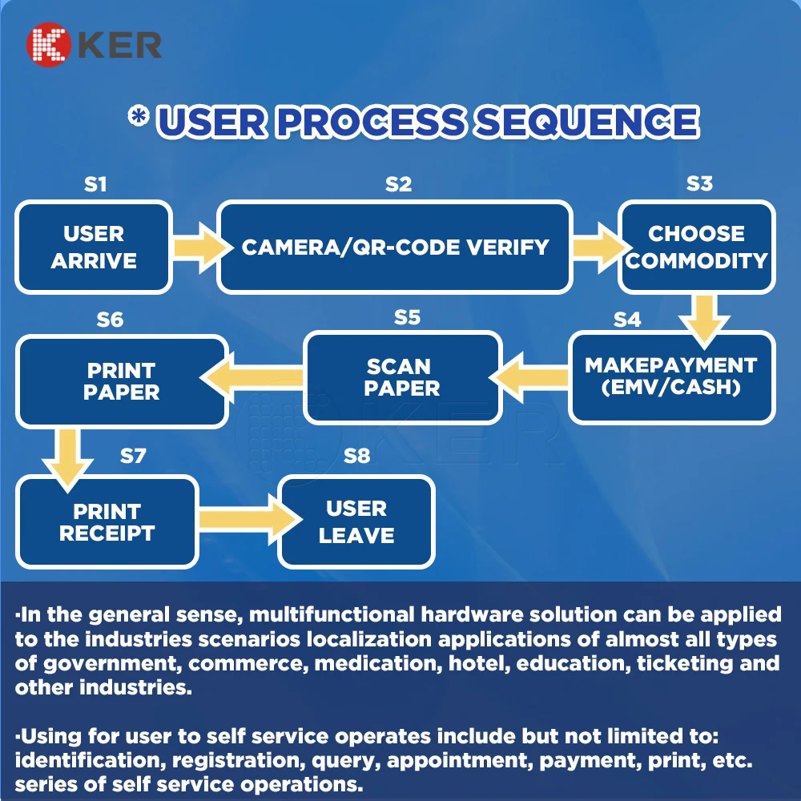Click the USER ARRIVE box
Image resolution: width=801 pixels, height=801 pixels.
point(94,247)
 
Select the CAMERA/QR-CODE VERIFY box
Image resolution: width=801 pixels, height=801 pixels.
point(395,247)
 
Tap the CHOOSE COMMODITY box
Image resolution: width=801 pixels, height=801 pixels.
point(696,247)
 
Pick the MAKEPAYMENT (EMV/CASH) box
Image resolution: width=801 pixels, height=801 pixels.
point(671,376)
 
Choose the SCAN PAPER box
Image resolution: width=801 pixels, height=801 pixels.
point(403,377)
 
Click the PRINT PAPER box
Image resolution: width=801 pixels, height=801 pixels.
point(122,381)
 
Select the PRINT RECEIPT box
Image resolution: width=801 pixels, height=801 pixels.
point(107,522)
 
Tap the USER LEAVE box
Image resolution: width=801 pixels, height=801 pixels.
point(356,521)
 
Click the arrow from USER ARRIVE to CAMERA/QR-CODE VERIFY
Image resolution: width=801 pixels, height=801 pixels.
point(195,246)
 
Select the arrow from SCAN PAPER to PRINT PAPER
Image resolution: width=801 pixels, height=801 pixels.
point(256,376)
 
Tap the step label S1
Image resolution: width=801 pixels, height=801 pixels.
point(95,184)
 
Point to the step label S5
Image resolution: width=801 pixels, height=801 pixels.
point(407,317)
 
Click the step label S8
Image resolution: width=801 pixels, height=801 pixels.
point(356,456)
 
